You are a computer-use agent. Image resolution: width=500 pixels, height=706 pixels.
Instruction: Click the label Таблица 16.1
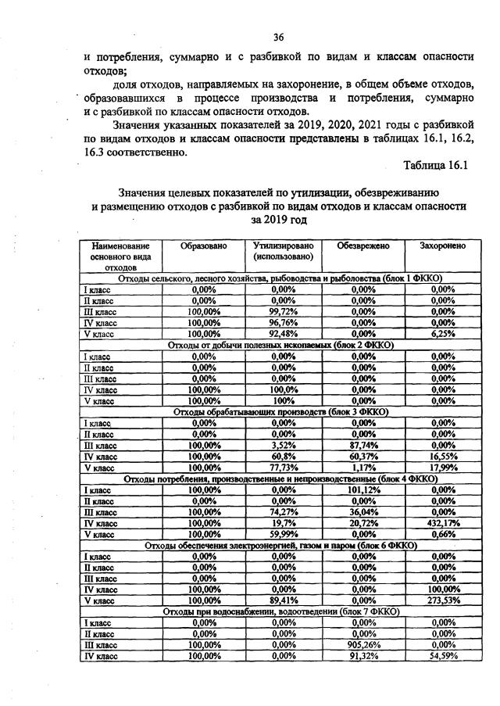click(435, 166)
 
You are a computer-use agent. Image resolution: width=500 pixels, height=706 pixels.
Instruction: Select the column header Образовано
click(203, 246)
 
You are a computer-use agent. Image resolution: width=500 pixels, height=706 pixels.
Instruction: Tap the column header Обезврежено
click(362, 246)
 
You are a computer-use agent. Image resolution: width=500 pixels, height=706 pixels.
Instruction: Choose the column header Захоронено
click(443, 246)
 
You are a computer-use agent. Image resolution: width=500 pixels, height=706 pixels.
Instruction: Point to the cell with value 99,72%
click(283, 311)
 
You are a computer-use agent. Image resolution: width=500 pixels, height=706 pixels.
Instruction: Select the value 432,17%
click(443, 522)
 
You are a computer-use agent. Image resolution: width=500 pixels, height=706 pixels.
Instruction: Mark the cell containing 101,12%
click(362, 489)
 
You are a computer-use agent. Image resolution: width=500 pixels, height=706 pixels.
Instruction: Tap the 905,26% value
click(362, 644)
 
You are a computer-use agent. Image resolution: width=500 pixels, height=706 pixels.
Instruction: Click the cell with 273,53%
click(443, 600)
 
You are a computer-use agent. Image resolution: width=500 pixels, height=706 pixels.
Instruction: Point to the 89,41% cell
click(283, 600)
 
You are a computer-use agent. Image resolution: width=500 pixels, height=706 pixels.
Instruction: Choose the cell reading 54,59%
click(443, 656)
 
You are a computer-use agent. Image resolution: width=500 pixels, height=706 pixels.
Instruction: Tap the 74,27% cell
click(283, 511)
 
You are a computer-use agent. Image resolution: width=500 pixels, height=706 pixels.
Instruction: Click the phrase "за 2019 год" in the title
click(279, 220)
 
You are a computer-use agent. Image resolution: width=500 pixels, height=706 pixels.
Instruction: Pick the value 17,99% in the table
click(443, 467)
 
